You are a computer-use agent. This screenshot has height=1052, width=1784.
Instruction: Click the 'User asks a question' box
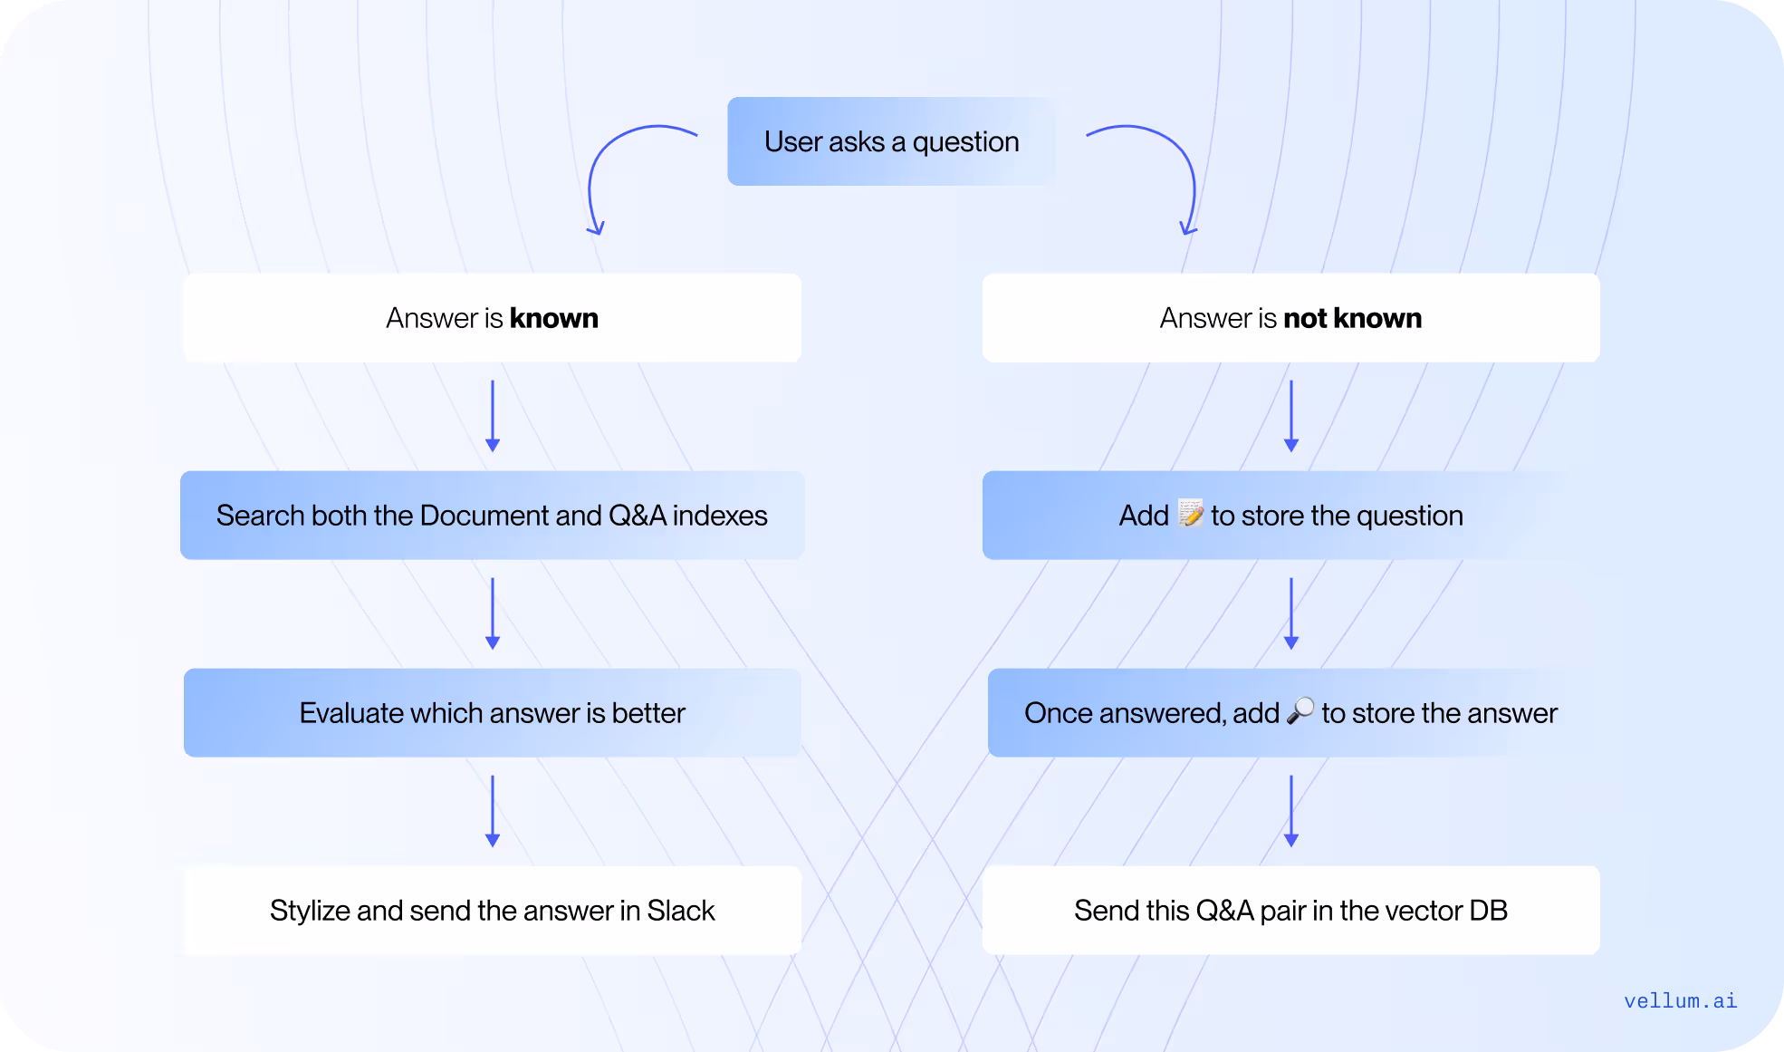891,141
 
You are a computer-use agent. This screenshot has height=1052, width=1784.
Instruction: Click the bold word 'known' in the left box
553,318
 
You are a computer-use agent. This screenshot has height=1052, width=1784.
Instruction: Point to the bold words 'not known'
1352,318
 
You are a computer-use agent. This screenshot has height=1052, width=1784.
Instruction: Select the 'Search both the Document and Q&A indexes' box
492,515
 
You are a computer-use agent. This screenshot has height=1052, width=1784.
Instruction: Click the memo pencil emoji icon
1190,513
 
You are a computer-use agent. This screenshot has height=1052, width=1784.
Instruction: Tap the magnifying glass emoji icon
1300,710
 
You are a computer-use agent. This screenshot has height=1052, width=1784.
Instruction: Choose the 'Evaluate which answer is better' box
492,712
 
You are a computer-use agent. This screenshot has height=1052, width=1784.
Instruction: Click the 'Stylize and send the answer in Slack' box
492,910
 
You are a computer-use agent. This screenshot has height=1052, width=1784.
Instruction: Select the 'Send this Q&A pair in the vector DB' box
1290,910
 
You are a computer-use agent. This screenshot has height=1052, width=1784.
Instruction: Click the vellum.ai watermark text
1680,1000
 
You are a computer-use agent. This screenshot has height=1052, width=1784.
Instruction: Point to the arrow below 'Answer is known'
493,416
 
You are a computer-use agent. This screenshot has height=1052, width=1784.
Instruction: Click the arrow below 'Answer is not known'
1291,416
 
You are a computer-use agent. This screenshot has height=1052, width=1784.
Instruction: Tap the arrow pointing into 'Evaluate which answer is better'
493,613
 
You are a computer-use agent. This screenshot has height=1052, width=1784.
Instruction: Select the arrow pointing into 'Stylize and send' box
493,811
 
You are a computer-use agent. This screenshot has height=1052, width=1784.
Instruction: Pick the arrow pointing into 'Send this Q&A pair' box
1291,811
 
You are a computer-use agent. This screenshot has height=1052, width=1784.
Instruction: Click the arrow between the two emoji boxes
1291,613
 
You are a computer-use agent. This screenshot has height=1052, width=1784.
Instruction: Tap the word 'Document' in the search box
484,515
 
